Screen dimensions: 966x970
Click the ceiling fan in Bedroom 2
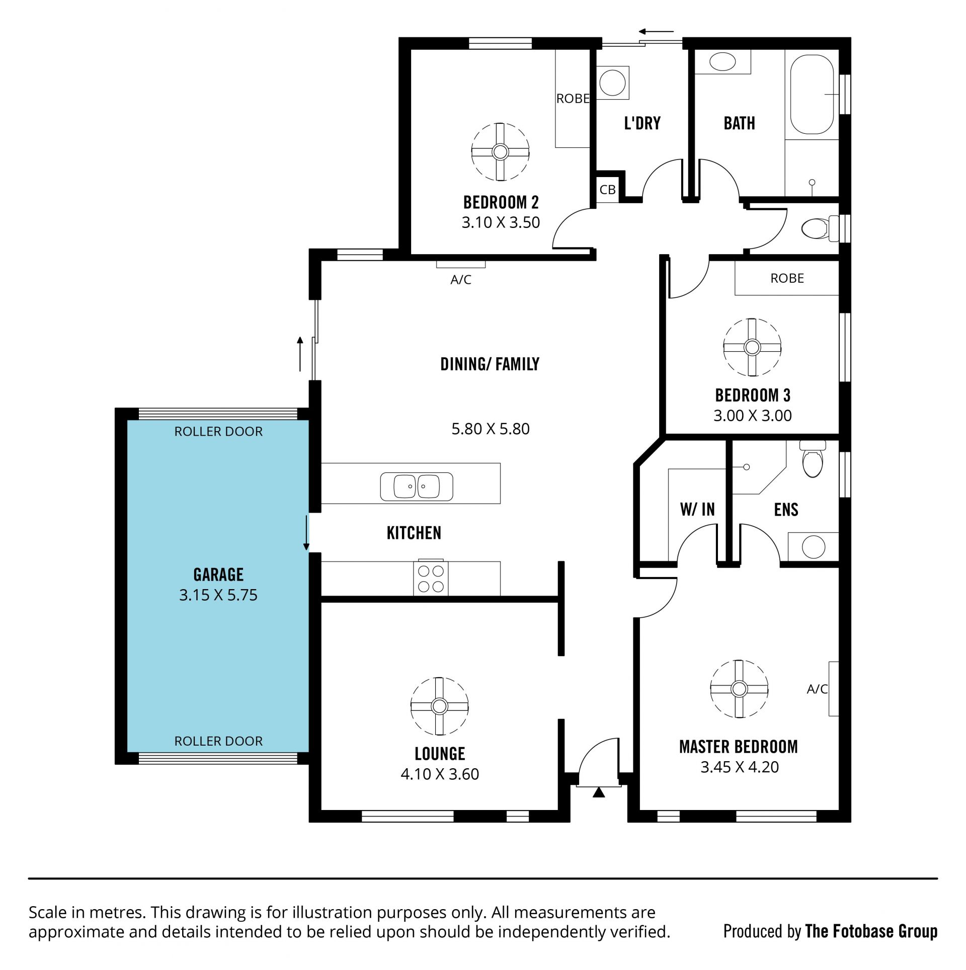[500, 151]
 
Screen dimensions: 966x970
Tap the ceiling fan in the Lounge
[439, 706]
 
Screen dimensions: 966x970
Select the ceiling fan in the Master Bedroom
[739, 689]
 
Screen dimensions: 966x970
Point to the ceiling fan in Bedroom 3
[752, 347]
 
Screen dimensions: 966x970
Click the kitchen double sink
[417, 487]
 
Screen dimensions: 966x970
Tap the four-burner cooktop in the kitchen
[431, 578]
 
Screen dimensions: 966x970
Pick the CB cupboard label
[608, 190]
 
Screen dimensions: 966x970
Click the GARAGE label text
[218, 575]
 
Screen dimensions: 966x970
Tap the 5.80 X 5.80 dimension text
[491, 429]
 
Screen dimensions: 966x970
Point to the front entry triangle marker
[598, 792]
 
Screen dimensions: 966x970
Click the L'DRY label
[642, 123]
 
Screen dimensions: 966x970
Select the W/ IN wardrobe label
[697, 510]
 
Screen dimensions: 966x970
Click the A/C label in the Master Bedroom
[817, 689]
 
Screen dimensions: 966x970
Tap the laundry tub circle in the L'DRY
[612, 82]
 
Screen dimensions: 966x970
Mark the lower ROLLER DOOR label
[218, 741]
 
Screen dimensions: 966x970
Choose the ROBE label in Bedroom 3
[787, 278]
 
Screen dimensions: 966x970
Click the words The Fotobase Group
[871, 931]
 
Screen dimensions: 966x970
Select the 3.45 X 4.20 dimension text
[740, 767]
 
